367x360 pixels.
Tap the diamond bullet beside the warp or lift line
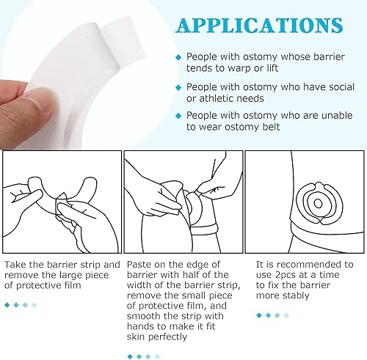(178, 56)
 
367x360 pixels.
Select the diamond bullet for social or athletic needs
(178, 87)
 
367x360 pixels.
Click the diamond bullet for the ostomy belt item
(178, 116)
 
